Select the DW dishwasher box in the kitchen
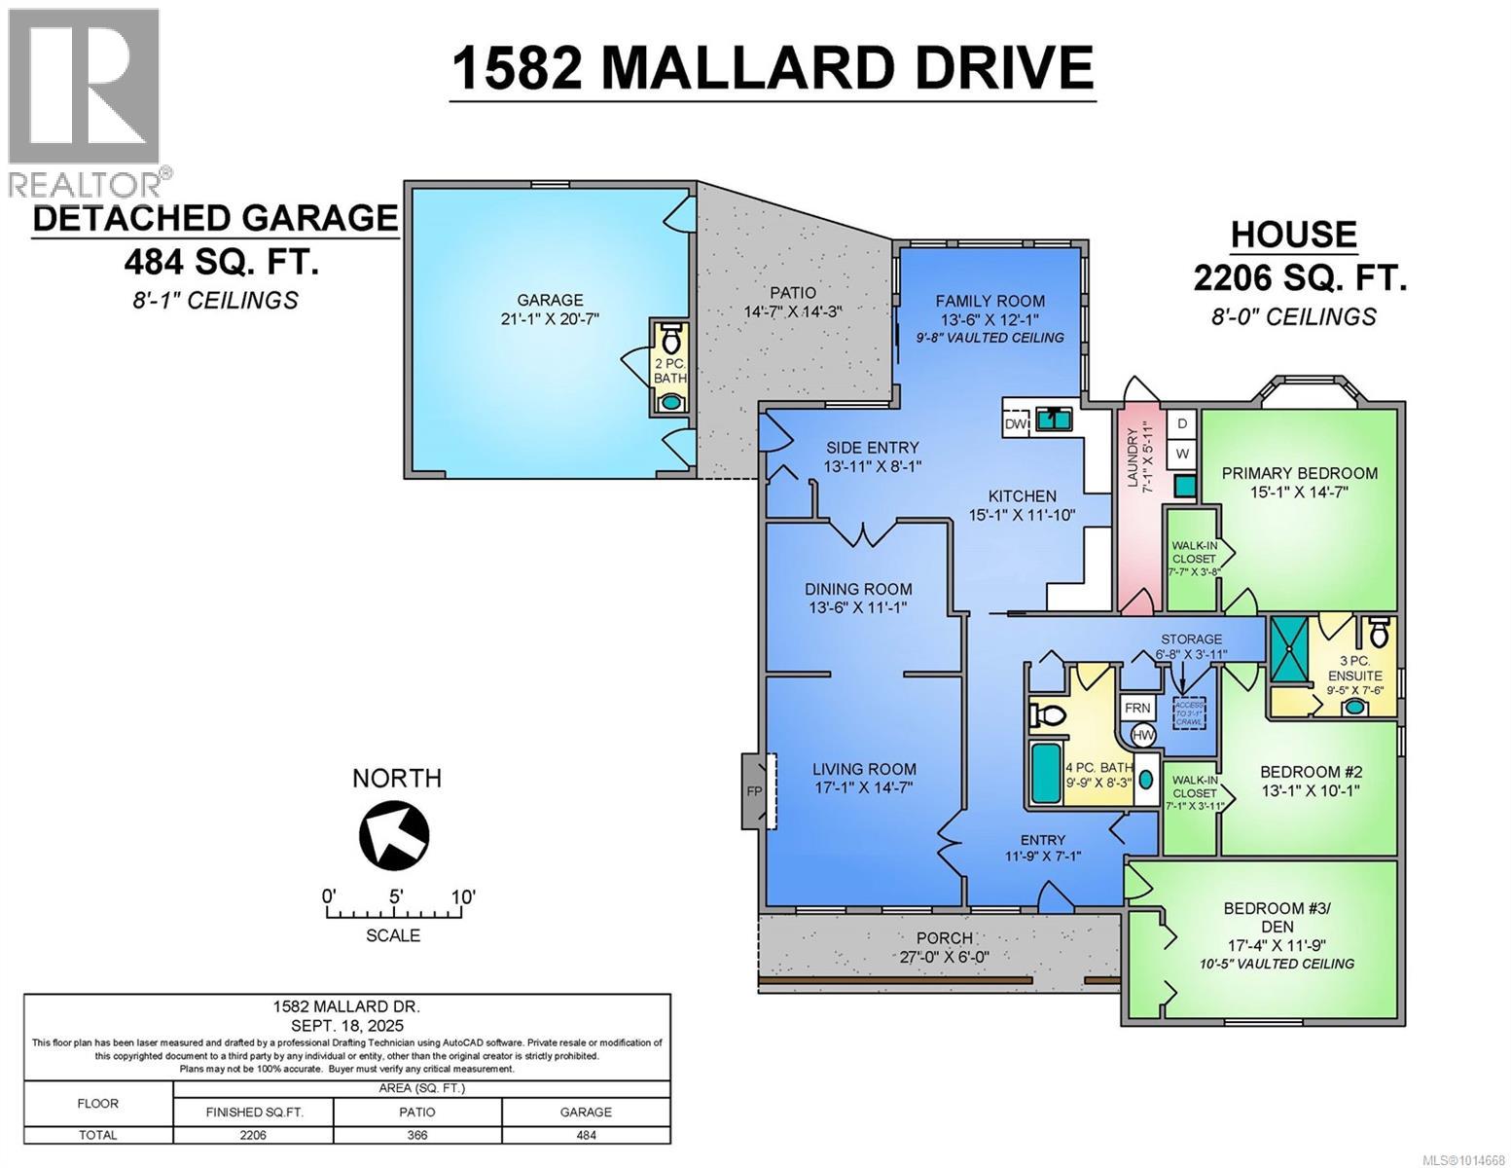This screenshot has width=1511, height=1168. [1016, 424]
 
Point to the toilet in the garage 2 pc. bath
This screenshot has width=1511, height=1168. [670, 341]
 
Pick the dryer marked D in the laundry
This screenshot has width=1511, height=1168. [1182, 423]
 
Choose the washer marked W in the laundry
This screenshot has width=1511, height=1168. [1182, 454]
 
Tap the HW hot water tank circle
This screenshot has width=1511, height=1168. [1143, 736]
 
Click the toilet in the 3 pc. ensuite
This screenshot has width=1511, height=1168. [1379, 633]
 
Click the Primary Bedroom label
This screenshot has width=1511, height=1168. [1299, 473]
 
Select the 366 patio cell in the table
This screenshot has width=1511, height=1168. [416, 1135]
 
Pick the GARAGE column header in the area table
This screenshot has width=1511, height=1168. [586, 1112]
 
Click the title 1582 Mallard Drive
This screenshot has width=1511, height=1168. [773, 68]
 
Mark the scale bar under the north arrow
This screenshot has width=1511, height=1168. [393, 914]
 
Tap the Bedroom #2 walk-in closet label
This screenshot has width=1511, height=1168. [1193, 786]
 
